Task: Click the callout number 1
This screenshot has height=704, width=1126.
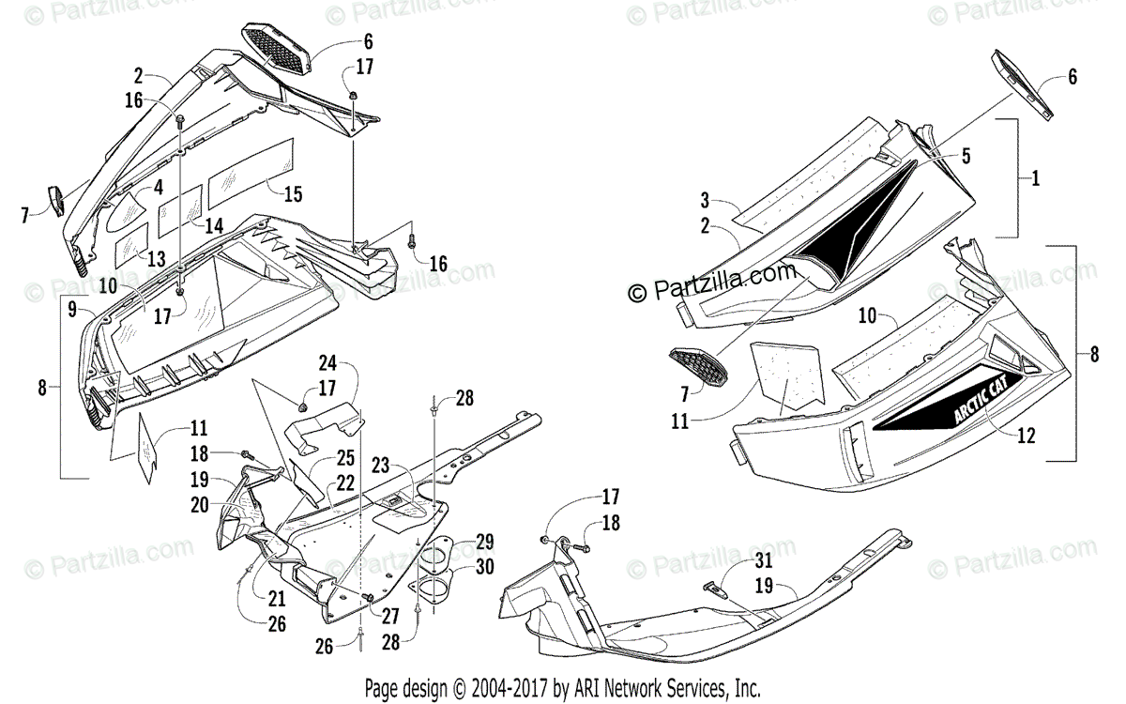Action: click(1036, 178)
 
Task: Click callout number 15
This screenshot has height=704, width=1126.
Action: click(293, 194)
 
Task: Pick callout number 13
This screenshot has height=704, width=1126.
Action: click(156, 258)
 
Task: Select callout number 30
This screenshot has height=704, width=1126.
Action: click(484, 567)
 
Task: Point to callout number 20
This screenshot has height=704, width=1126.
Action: click(200, 505)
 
